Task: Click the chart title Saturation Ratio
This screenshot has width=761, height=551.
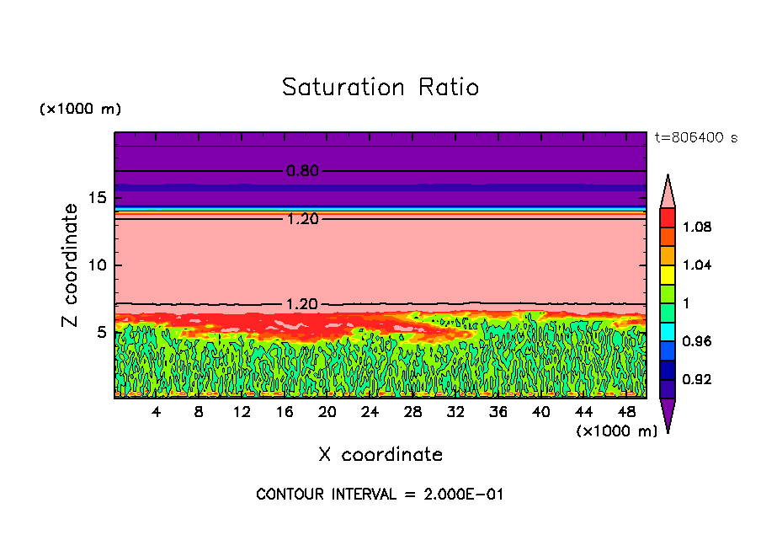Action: tap(380, 88)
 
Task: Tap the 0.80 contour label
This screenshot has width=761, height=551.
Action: tap(302, 171)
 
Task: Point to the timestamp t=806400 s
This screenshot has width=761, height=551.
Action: tap(696, 137)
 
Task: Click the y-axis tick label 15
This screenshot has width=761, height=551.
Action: tap(95, 198)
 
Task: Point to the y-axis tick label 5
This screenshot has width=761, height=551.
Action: tap(99, 332)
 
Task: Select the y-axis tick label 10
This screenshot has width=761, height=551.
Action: tap(95, 265)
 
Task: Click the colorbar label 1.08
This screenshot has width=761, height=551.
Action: tap(697, 227)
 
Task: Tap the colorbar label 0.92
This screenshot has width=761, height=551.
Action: tap(697, 380)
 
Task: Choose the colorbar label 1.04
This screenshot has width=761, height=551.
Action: tap(697, 265)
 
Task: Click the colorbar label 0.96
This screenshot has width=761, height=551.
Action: tap(697, 341)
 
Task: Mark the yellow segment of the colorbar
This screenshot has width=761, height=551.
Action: tap(668, 274)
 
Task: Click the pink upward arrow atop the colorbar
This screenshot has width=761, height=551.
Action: tap(668, 192)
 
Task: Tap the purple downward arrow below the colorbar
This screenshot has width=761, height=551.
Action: tap(668, 415)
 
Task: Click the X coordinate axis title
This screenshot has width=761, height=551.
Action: tap(380, 455)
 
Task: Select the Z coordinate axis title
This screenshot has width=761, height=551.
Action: tap(71, 265)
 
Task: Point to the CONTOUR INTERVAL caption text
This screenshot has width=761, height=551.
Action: tap(380, 495)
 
